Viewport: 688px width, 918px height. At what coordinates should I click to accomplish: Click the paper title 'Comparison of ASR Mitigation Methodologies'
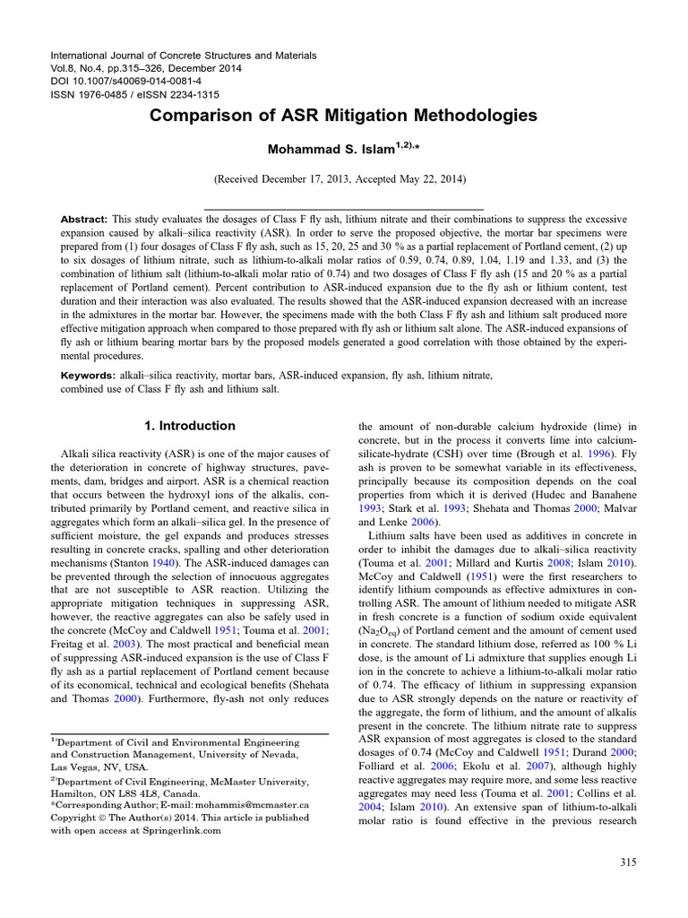343,116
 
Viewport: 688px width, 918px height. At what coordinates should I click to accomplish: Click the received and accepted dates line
343,179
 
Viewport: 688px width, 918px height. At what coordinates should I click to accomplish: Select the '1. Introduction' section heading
191,426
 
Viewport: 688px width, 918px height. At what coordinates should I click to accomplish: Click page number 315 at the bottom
627,862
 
